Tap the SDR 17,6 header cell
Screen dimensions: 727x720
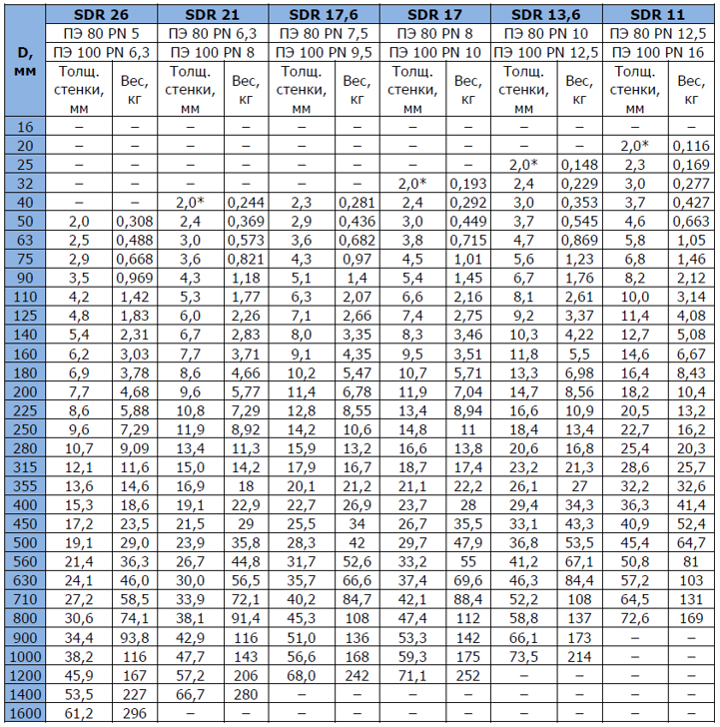(321, 14)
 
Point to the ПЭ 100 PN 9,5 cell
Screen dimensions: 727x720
(321, 51)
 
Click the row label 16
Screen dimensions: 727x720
(25, 127)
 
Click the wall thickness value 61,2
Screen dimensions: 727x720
(79, 713)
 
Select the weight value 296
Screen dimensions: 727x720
(135, 713)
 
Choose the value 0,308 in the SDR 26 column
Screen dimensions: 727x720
(135, 221)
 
